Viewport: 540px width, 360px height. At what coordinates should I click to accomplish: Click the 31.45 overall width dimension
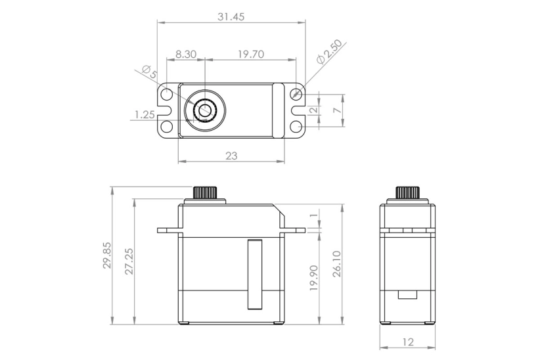231,17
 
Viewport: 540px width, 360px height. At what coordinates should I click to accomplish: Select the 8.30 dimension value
186,55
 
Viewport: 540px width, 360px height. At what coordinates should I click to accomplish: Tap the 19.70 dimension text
251,55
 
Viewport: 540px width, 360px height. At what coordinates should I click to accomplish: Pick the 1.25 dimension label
144,114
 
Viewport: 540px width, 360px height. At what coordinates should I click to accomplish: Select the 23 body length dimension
231,156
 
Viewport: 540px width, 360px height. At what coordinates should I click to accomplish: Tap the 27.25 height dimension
129,261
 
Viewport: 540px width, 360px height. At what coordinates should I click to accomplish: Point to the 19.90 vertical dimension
313,277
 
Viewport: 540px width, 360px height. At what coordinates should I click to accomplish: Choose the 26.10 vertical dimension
336,263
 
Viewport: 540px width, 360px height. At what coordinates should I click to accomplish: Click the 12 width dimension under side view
407,343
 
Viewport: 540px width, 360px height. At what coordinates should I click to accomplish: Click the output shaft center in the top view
205,110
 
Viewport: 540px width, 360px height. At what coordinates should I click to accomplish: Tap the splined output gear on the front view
206,192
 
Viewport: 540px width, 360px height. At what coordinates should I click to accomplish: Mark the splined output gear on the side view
407,192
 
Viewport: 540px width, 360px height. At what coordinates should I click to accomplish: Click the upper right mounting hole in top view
296,95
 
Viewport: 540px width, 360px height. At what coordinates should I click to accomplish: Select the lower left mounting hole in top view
167,125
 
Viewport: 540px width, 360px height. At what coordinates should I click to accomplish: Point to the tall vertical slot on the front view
254,275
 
